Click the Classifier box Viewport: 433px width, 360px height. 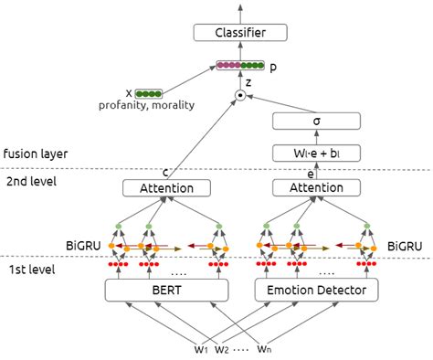(240, 35)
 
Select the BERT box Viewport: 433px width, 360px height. (168, 291)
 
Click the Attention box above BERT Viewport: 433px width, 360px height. (168, 188)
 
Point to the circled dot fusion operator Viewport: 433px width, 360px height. (240, 95)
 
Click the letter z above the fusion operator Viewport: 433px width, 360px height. (248, 81)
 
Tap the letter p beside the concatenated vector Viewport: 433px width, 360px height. (275, 67)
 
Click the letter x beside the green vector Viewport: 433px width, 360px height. (129, 93)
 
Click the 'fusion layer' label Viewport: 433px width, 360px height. (34, 154)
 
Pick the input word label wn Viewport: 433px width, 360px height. (264, 349)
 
